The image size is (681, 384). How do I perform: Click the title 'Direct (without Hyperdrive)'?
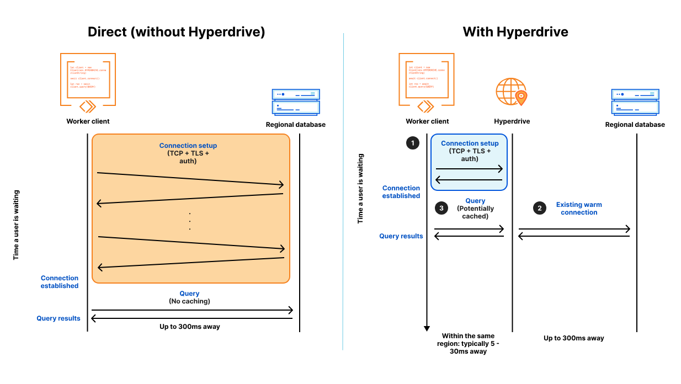(x=176, y=32)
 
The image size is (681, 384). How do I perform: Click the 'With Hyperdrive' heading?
(x=515, y=32)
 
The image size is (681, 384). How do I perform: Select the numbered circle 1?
(x=412, y=143)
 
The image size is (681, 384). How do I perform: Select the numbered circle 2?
(x=539, y=208)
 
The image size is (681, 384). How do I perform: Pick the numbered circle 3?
(x=441, y=208)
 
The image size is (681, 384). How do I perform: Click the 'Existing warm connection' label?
(x=579, y=208)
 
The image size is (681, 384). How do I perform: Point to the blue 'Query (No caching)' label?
(x=189, y=294)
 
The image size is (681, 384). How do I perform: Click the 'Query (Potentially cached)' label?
(x=475, y=209)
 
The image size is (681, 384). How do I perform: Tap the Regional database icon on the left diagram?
(x=296, y=102)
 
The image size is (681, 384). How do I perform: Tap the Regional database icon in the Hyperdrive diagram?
(x=635, y=102)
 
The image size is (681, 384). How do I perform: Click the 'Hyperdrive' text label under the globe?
(x=512, y=121)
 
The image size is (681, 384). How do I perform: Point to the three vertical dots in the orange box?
(x=189, y=221)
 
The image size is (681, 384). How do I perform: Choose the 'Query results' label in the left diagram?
(x=58, y=318)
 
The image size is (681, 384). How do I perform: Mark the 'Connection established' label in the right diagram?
(x=401, y=192)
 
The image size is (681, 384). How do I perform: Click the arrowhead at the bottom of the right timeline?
(x=427, y=328)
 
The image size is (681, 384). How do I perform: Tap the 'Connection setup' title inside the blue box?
(x=470, y=143)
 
